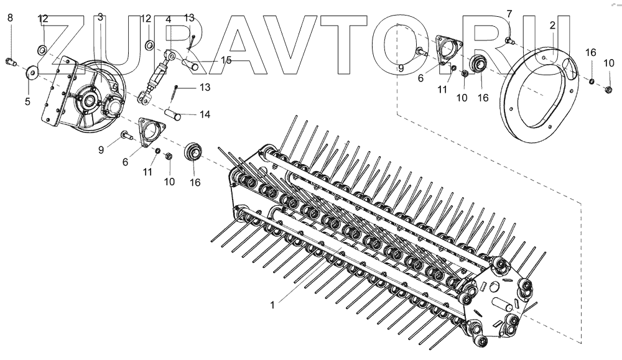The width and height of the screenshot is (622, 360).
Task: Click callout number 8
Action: click(10, 17)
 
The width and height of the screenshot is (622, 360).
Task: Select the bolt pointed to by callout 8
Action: click(11, 62)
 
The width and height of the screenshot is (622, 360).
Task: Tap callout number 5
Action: click(27, 101)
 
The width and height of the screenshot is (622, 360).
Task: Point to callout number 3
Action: click(100, 17)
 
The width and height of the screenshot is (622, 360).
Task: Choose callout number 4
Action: click(168, 19)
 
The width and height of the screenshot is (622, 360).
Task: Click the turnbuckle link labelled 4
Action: click(156, 75)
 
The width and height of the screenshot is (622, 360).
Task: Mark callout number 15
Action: click(226, 60)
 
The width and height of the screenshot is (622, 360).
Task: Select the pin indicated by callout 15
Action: click(190, 64)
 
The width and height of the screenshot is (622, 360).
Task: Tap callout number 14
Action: click(205, 114)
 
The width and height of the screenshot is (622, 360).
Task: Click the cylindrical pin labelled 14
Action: click(173, 114)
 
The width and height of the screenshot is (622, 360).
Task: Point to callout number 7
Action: click(509, 14)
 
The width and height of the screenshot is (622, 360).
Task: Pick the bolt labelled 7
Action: click(509, 40)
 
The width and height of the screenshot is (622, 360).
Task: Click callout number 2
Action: click(552, 25)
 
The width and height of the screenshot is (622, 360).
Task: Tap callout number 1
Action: click(272, 305)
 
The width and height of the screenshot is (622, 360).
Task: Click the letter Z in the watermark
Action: click(61, 45)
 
